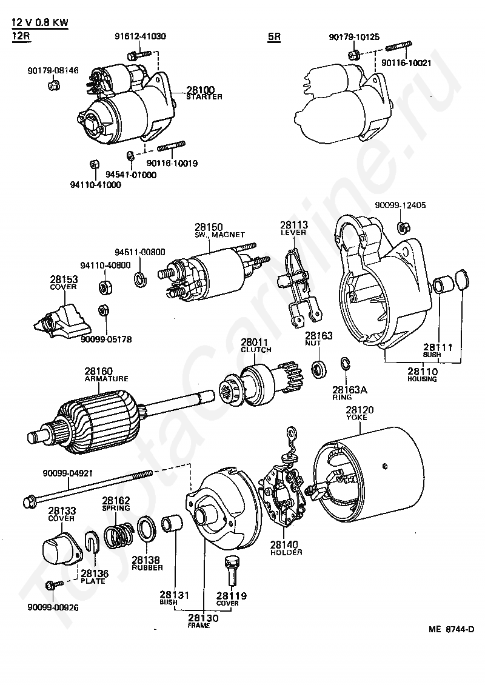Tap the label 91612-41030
pyautogui.click(x=140, y=36)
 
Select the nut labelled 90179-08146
pyautogui.click(x=53, y=84)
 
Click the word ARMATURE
pyautogui.click(x=106, y=378)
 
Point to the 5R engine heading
pyautogui.click(x=274, y=36)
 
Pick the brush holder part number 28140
pyautogui.click(x=286, y=544)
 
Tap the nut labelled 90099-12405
pyautogui.click(x=401, y=228)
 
